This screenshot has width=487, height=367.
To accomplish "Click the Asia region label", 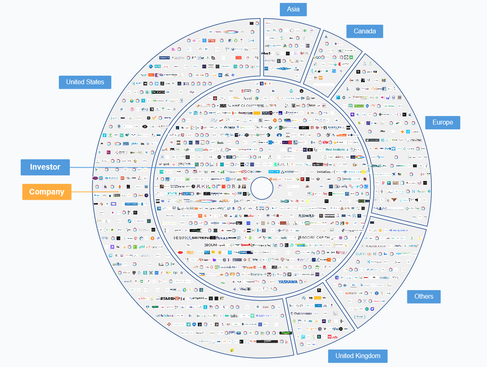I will [293, 9].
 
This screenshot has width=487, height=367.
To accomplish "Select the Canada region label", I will [365, 31].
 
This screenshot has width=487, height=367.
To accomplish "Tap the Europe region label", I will [442, 122].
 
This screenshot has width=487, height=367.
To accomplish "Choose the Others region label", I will [424, 297].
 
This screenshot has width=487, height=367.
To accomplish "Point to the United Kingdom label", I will [357, 356].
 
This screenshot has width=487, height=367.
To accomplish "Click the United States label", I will [85, 82].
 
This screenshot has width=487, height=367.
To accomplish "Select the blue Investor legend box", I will [45, 167].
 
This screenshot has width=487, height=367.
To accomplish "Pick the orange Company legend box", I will [47, 192].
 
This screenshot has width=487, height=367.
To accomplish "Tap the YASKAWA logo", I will [288, 282].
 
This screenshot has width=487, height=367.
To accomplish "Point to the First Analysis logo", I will [335, 149].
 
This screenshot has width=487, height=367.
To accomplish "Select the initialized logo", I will [325, 172].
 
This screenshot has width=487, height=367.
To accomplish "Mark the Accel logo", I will [247, 98].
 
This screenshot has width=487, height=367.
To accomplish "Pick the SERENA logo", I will [200, 238].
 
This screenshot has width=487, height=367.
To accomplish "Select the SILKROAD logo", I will [351, 293].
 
